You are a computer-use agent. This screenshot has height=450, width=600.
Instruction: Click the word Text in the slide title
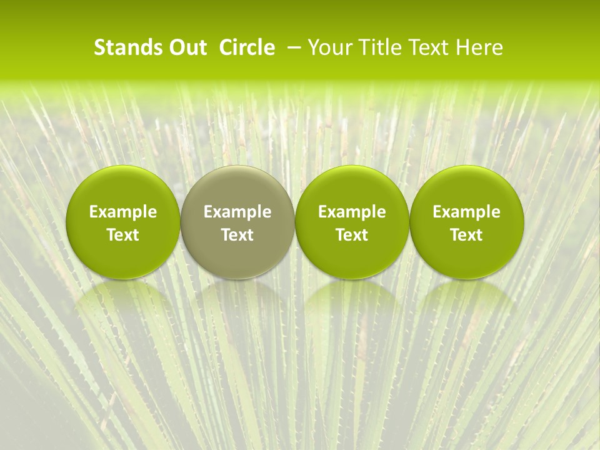pos(427,47)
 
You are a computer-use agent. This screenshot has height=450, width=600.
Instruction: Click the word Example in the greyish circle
pos(237,212)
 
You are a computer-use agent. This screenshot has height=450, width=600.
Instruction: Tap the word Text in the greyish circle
pos(237,235)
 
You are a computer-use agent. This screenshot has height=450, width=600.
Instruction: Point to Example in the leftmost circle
pos(123,212)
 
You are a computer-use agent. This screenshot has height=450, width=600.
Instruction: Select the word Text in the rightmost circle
pos(467,235)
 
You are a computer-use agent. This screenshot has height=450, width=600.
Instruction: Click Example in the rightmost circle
pos(467,212)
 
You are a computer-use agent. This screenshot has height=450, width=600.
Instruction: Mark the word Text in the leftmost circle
pos(123,235)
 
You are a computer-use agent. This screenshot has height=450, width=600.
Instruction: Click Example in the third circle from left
pos(352,212)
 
